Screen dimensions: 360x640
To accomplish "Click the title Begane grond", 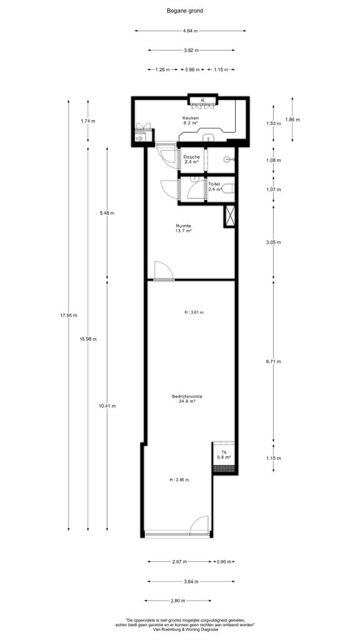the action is (x=184, y=11).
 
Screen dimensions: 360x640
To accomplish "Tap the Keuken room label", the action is (x=190, y=118).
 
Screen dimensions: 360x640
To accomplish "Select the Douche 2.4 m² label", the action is (x=191, y=159).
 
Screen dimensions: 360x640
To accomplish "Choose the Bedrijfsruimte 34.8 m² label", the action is (x=187, y=398).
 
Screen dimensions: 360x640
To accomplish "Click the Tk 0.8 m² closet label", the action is (x=224, y=454).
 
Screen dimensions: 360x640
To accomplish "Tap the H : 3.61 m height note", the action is (x=194, y=312).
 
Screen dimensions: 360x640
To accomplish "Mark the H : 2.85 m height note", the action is (x=180, y=479).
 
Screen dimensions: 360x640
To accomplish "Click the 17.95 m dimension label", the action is (x=69, y=315).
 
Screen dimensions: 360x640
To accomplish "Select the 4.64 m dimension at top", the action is (x=190, y=31).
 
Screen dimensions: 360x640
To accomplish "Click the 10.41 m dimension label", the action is (x=107, y=406).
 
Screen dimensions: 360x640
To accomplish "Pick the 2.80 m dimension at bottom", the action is (x=178, y=601).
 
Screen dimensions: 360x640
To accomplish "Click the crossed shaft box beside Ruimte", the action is (x=230, y=216).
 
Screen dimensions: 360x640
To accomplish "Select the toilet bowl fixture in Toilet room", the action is (x=227, y=189).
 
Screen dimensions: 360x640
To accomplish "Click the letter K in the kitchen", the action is (x=203, y=101).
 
